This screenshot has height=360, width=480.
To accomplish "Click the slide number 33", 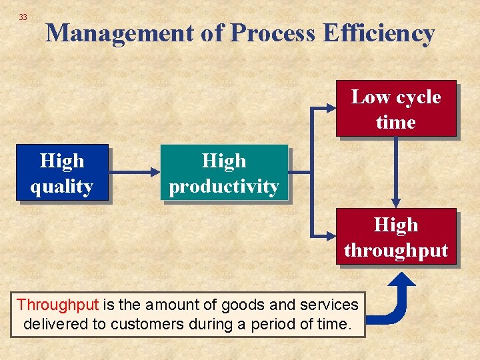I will [x=23, y=17].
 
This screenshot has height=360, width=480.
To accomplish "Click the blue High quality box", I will [x=62, y=173].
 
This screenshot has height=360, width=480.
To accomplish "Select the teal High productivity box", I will [x=224, y=173].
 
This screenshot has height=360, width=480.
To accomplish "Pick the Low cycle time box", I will [x=396, y=109].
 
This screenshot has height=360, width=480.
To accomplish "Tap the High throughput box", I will [x=396, y=237].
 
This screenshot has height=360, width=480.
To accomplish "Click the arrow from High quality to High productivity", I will [x=134, y=173].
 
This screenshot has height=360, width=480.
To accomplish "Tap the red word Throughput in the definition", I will [x=57, y=305].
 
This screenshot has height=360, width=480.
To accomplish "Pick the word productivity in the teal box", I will [x=224, y=186].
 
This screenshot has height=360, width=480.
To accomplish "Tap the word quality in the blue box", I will [x=62, y=186].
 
